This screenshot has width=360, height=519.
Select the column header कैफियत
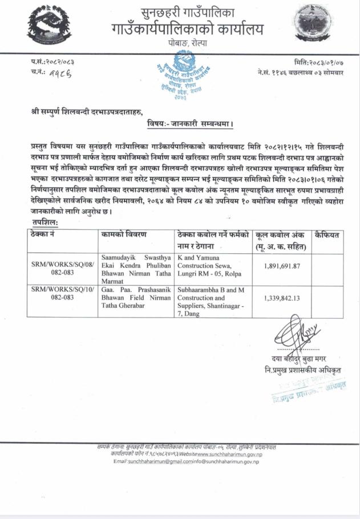click(327, 234)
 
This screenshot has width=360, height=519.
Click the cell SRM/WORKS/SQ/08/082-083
click(63, 269)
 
